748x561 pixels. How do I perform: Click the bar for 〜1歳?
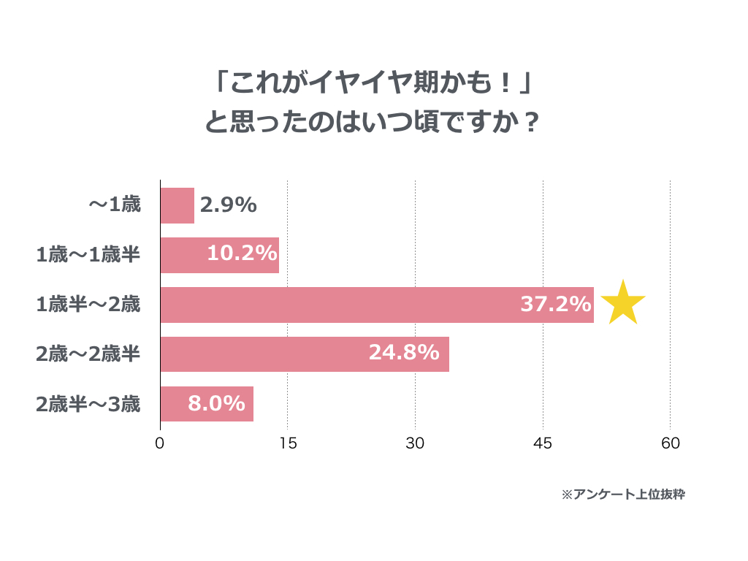pyautogui.click(x=178, y=205)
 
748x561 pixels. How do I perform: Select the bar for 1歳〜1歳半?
pyautogui.click(x=220, y=255)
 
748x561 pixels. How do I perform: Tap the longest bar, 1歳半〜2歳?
pyautogui.click(x=378, y=305)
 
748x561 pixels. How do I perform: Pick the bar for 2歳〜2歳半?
pyautogui.click(x=305, y=354)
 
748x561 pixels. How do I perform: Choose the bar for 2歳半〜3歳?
pyautogui.click(x=207, y=403)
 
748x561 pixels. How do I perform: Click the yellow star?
pyautogui.click(x=623, y=304)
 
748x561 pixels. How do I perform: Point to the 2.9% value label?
pyautogui.click(x=229, y=205)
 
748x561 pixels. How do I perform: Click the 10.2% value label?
pyautogui.click(x=243, y=253)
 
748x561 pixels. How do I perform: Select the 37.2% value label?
pyautogui.click(x=556, y=304)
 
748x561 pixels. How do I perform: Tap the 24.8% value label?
pyautogui.click(x=404, y=353)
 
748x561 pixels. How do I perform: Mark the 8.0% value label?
pyautogui.click(x=216, y=403)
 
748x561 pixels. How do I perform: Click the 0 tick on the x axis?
pyautogui.click(x=160, y=443)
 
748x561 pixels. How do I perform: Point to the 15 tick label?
pyautogui.click(x=288, y=443)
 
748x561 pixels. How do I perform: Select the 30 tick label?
pyautogui.click(x=415, y=443)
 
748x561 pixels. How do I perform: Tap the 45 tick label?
pyautogui.click(x=543, y=443)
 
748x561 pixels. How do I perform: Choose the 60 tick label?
pyautogui.click(x=671, y=443)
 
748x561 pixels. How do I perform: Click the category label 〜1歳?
pyautogui.click(x=115, y=205)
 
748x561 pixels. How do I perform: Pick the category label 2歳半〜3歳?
pyautogui.click(x=88, y=404)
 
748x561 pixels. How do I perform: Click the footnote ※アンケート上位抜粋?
pyautogui.click(x=623, y=495)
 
